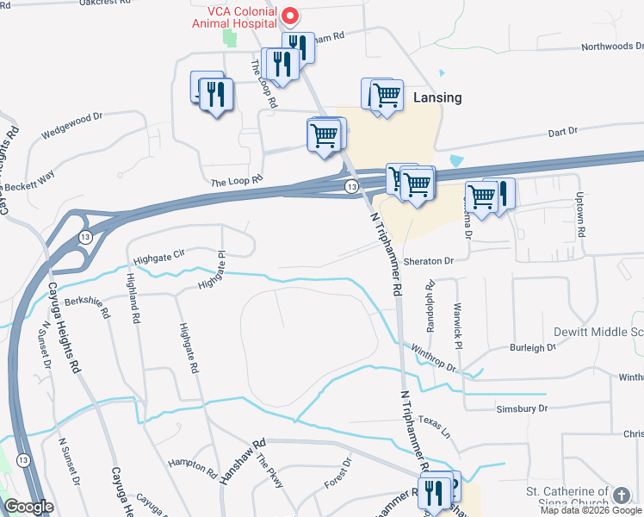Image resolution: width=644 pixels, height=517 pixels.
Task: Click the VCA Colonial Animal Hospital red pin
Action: [291, 16]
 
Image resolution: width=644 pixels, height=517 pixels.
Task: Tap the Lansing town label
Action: [437, 97]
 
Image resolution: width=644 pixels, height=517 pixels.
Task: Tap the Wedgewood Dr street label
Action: [71, 125]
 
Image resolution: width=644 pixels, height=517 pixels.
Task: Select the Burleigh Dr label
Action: [533, 348]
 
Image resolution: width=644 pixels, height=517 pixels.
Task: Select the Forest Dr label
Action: [338, 473]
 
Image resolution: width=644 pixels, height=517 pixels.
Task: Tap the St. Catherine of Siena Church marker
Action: [621, 494]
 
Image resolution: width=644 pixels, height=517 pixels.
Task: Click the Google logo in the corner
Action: [29, 507]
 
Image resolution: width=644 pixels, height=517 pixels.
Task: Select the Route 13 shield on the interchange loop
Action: [85, 237]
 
